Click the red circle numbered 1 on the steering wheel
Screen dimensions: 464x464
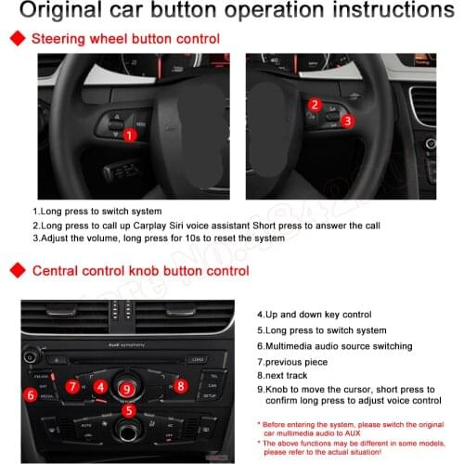[x=131, y=135]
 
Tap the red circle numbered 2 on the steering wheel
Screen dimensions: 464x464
[x=315, y=105]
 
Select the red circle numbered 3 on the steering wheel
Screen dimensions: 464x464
[x=347, y=121]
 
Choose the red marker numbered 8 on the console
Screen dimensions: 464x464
[x=181, y=385]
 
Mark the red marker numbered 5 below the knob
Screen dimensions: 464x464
[x=129, y=409]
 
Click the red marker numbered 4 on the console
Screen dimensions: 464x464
[x=99, y=386]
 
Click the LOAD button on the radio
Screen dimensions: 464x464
[x=196, y=359]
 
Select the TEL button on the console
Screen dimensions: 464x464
[x=213, y=375]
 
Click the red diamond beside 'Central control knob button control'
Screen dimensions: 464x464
[x=17, y=271]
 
